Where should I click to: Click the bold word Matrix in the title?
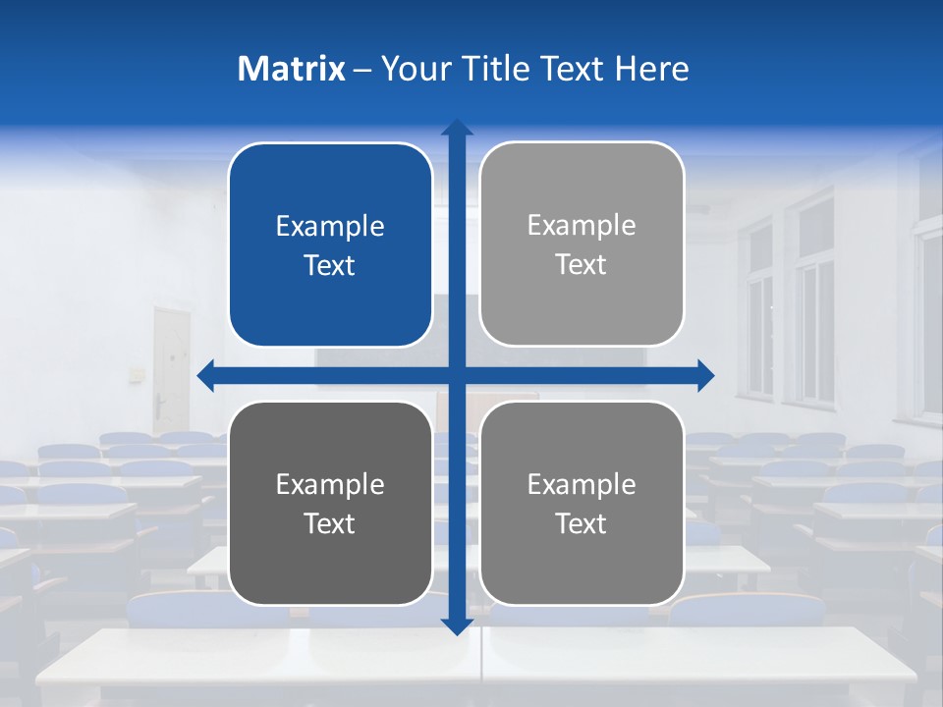coord(292,69)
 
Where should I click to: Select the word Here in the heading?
coord(652,69)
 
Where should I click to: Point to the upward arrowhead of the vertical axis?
coord(457,128)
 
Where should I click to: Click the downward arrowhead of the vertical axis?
coord(457,625)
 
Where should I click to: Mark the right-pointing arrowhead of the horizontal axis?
coord(704,375)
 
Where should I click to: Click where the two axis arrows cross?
coord(457,375)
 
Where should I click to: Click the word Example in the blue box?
coord(330,227)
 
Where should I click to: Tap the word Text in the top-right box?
coord(582,265)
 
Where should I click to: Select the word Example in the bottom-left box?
coord(330,485)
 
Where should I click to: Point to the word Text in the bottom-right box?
coord(582,524)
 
